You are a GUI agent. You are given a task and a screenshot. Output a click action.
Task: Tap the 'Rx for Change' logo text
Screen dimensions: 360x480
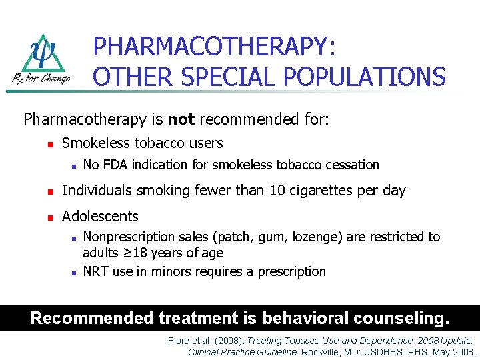tap(41, 78)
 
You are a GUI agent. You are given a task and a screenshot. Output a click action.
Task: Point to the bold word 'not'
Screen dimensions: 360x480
tap(181, 120)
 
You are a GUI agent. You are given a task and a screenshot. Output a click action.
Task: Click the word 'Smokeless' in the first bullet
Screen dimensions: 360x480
tap(95, 143)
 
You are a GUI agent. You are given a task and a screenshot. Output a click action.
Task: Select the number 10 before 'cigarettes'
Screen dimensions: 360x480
tap(277, 191)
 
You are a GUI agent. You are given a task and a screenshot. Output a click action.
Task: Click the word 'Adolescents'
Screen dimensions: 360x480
tap(100, 216)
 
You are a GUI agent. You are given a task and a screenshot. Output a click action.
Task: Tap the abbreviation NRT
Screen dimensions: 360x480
tap(95, 271)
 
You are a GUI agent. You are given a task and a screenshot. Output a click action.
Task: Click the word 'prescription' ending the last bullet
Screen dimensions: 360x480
tap(293, 271)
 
